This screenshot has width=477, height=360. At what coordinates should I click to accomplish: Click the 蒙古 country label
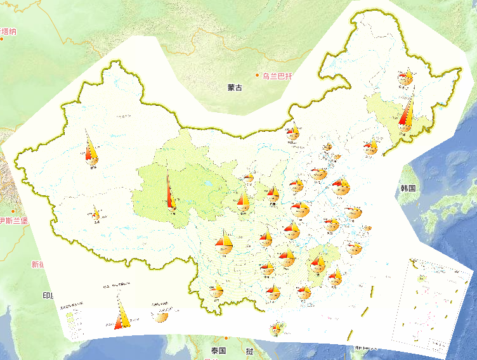235,87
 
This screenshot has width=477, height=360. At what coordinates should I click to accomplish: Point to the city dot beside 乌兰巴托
258,75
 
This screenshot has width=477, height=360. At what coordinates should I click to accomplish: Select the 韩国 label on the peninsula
407,188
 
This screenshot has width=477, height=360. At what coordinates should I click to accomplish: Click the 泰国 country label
219,350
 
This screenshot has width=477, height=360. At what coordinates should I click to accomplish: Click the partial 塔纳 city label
9,31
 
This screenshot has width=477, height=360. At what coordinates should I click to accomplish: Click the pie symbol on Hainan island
277,329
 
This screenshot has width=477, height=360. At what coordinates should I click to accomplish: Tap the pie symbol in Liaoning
370,148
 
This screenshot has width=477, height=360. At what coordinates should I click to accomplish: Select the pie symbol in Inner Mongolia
292,132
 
